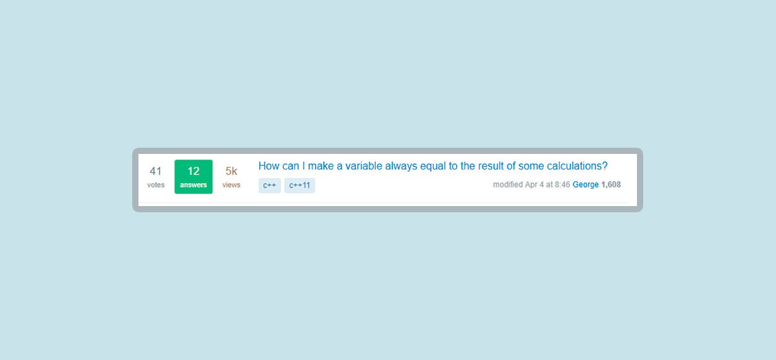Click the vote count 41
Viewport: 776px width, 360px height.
pyautogui.click(x=156, y=171)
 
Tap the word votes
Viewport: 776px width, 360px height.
pyautogui.click(x=156, y=185)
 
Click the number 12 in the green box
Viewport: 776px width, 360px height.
pyautogui.click(x=193, y=171)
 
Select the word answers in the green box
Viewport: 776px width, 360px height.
pyautogui.click(x=193, y=185)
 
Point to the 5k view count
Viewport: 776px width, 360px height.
pyautogui.click(x=231, y=171)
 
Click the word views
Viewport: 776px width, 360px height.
pyautogui.click(x=231, y=185)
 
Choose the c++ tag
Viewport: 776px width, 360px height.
pyautogui.click(x=269, y=186)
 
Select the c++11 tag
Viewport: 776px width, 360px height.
pyautogui.click(x=300, y=186)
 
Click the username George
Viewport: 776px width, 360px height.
pyautogui.click(x=585, y=185)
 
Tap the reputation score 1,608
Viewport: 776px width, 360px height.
pyautogui.click(x=611, y=185)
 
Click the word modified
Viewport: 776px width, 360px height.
pyautogui.click(x=508, y=185)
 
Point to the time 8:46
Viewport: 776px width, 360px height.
pyautogui.click(x=562, y=185)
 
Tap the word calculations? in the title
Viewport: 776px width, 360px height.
pyautogui.click(x=577, y=166)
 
